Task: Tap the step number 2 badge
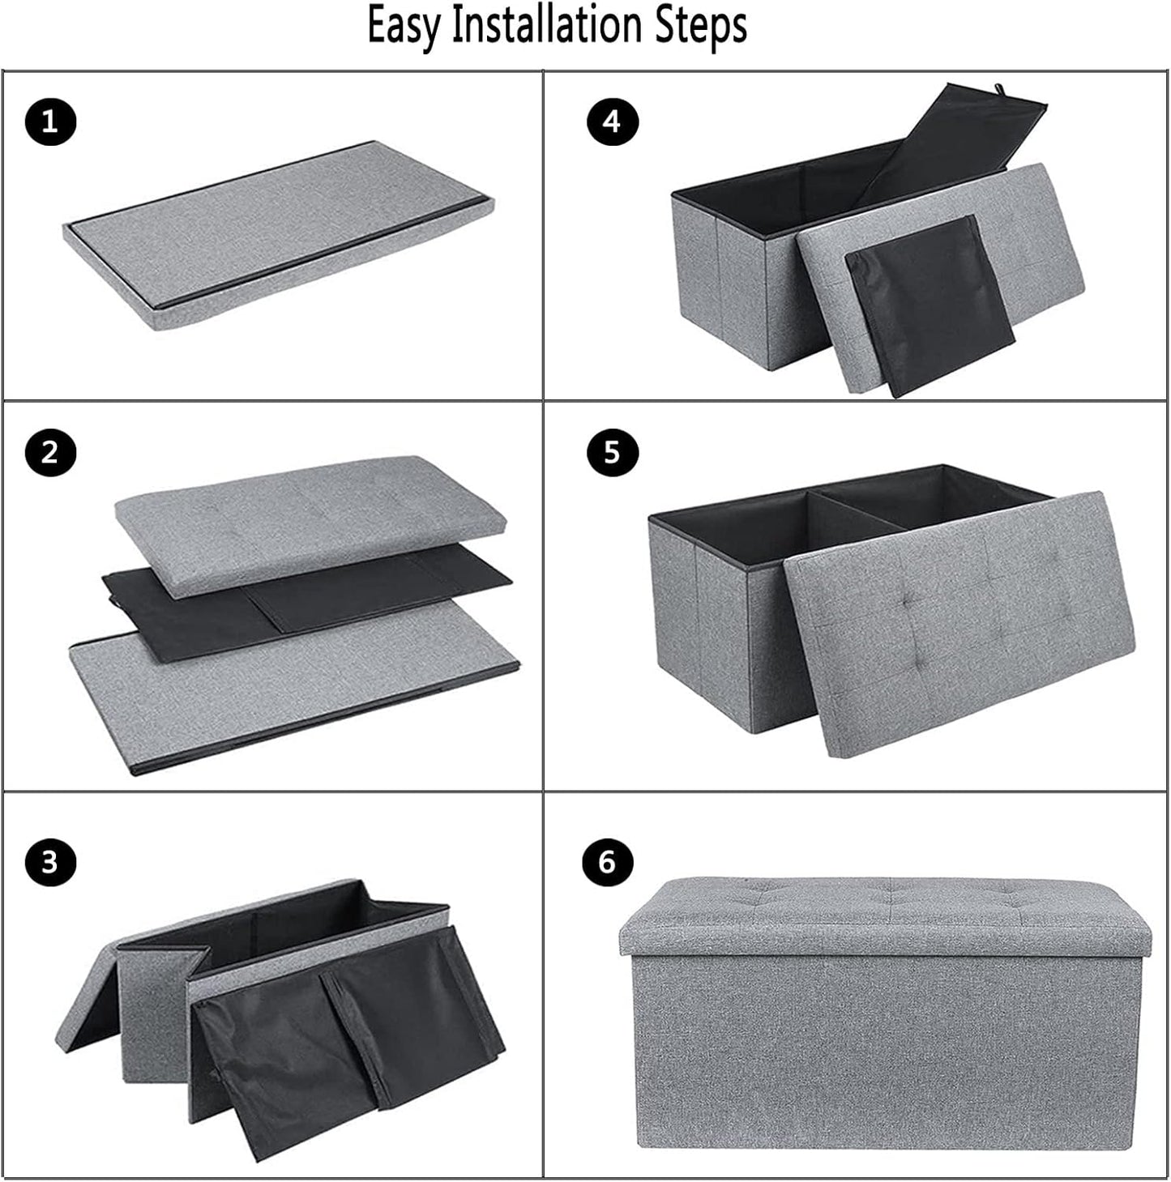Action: tap(50, 453)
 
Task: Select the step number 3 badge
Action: tap(50, 862)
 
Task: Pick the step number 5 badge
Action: tap(612, 453)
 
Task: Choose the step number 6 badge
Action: tap(607, 862)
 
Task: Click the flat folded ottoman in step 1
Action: tap(279, 235)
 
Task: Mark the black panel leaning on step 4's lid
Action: tap(930, 305)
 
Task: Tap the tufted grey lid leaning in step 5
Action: tap(959, 625)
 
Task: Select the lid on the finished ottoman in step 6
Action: tap(885, 915)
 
